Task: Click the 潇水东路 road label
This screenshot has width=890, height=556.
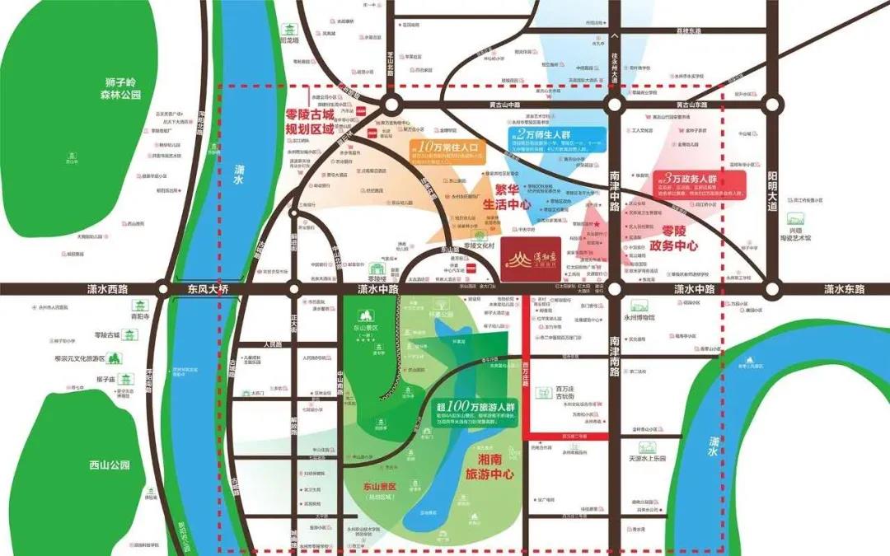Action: [844, 289]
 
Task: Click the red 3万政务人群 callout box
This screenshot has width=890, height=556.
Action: [700, 183]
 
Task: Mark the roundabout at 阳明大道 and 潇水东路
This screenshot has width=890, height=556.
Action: [772, 289]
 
